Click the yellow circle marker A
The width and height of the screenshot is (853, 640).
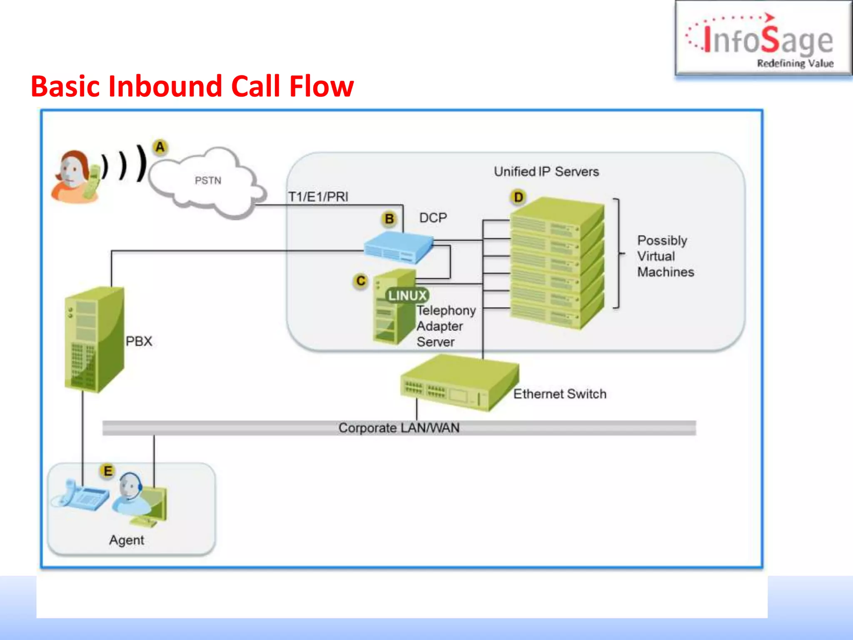click(x=160, y=147)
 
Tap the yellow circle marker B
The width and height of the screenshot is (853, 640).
click(x=389, y=219)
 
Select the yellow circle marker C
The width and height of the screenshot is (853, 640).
click(x=361, y=281)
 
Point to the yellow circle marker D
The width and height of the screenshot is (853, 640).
click(x=518, y=197)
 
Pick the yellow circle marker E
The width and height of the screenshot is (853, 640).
click(x=108, y=471)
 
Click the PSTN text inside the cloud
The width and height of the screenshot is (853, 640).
click(x=208, y=180)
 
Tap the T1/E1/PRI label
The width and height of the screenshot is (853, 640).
click(x=318, y=197)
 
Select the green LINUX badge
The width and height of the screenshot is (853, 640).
click(x=407, y=295)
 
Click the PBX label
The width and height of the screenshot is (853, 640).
click(x=139, y=341)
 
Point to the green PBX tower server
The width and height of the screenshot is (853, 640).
click(x=94, y=340)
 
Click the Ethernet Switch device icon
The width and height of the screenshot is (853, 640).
click(x=458, y=383)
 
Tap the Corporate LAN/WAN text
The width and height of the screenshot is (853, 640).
click(x=399, y=428)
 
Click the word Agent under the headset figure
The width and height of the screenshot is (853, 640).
click(x=127, y=540)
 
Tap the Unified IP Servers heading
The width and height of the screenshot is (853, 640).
click(x=546, y=172)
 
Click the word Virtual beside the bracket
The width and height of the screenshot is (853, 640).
click(x=656, y=256)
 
